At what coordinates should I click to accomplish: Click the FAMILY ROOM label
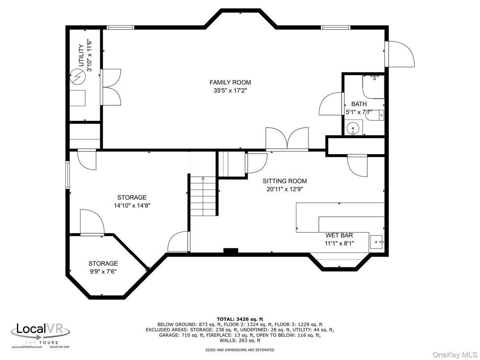(x=230, y=82)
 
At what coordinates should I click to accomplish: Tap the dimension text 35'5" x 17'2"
(x=230, y=90)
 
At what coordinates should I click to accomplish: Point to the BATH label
(x=359, y=104)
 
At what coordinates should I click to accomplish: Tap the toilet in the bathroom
(x=379, y=115)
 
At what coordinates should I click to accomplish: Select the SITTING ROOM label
(x=284, y=181)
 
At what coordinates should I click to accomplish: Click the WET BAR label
(x=339, y=235)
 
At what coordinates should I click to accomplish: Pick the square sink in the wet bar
(x=377, y=242)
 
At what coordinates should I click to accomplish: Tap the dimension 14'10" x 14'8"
(x=132, y=206)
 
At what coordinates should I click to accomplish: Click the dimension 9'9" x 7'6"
(x=103, y=271)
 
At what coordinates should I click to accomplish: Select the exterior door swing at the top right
(x=400, y=54)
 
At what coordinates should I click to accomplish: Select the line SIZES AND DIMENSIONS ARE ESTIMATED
(x=240, y=350)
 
